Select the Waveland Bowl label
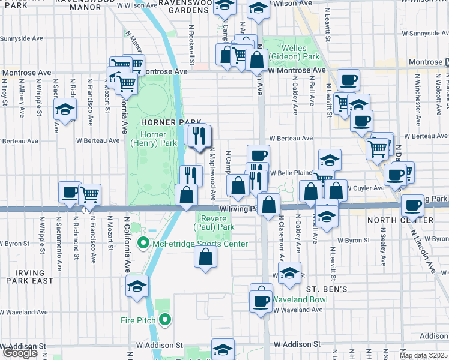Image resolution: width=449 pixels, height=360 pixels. pyautogui.click(x=298, y=299)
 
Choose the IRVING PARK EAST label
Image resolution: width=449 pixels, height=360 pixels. pyautogui.click(x=26, y=277)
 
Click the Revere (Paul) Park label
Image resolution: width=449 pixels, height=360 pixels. pyautogui.click(x=214, y=223)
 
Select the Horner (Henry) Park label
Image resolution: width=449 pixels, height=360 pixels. pyautogui.click(x=154, y=139)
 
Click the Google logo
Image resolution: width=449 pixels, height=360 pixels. pyautogui.click(x=19, y=353)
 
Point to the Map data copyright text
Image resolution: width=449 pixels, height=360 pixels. pyautogui.click(x=424, y=355)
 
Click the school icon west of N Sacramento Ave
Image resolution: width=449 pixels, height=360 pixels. pyautogui.click(x=65, y=109)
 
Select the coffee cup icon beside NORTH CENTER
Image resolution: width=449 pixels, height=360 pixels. pyautogui.click(x=412, y=205)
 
